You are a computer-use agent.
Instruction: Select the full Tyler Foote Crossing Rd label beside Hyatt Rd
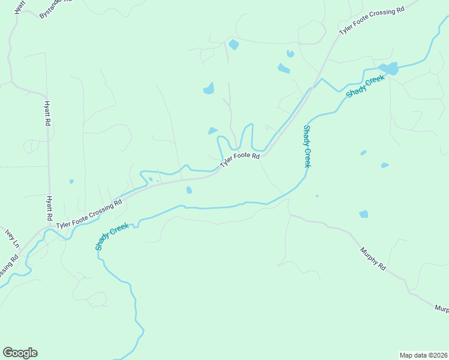click(89, 213)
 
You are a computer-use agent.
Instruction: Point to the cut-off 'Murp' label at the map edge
click(442, 308)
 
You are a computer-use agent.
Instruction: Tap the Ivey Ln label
click(13, 238)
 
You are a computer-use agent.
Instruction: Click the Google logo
click(20, 353)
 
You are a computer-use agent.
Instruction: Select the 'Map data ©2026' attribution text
click(423, 355)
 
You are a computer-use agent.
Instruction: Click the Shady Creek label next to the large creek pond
click(364, 87)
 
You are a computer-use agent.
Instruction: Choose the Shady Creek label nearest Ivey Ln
click(111, 236)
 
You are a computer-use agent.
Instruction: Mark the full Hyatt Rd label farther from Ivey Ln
click(47, 113)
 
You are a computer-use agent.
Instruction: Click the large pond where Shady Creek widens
click(388, 68)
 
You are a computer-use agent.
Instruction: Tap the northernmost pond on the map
click(234, 44)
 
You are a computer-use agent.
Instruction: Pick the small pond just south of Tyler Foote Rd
click(189, 190)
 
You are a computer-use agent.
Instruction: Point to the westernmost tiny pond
click(71, 181)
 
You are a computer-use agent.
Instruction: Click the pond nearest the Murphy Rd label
click(364, 214)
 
